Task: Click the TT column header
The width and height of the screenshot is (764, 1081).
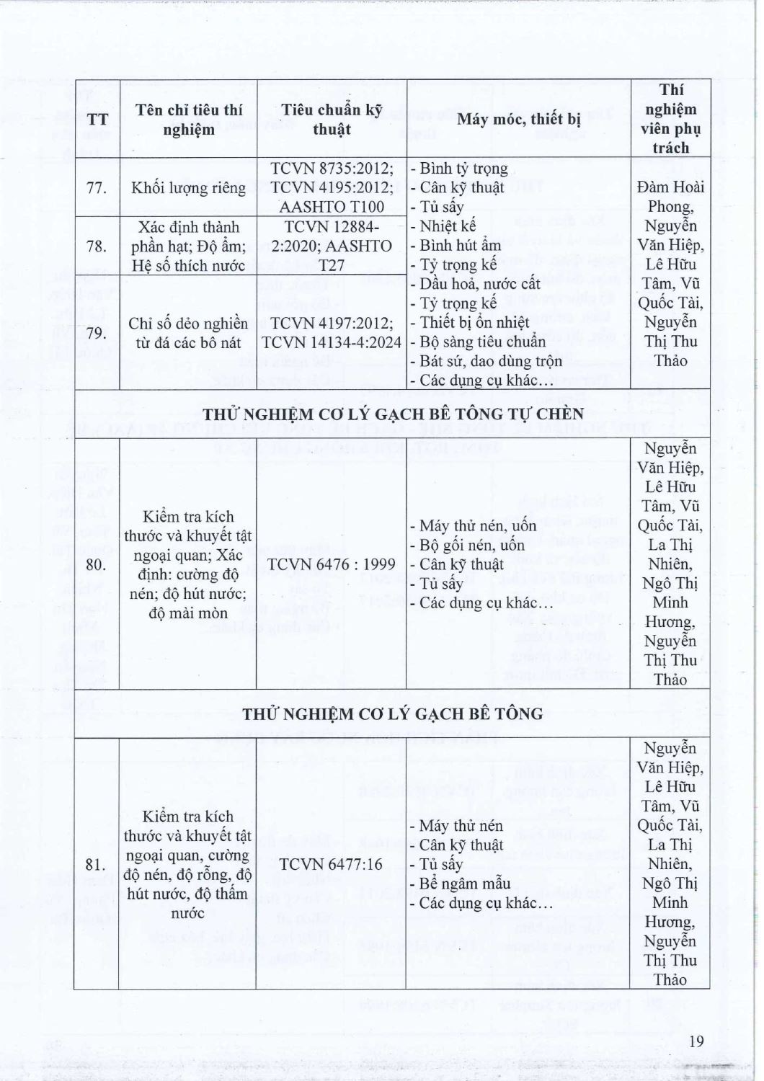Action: (97, 120)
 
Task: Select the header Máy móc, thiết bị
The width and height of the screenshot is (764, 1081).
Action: (518, 120)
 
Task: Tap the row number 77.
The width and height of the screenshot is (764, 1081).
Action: (97, 188)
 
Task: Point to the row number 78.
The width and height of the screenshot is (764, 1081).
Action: (97, 246)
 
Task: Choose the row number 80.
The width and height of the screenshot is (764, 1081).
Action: (97, 564)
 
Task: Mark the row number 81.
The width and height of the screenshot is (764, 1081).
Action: (97, 864)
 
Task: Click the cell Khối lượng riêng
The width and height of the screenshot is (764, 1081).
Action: (188, 188)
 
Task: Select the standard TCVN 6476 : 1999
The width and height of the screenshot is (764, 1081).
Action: (332, 564)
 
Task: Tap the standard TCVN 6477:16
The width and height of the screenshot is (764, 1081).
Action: (332, 864)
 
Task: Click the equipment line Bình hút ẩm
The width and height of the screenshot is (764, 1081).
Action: (460, 246)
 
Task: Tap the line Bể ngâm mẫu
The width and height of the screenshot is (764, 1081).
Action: (465, 884)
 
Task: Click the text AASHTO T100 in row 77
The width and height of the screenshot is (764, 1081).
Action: (332, 208)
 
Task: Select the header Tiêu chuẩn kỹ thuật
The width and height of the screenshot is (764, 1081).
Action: (332, 120)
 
